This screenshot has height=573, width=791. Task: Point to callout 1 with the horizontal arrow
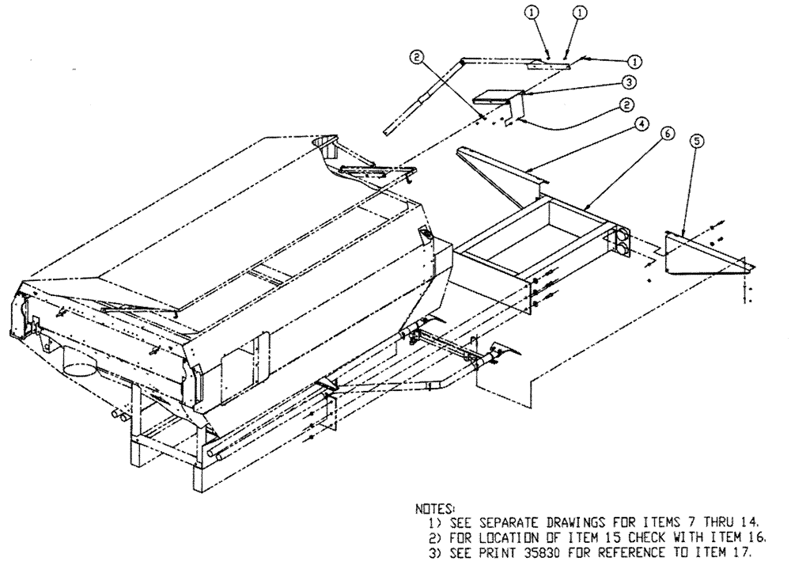pyautogui.click(x=633, y=59)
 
